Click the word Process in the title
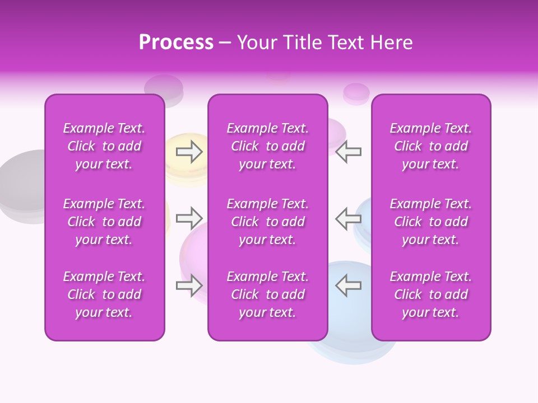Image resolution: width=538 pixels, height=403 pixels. pyautogui.click(x=176, y=43)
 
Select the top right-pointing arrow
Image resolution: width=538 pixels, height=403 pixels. pyautogui.click(x=189, y=152)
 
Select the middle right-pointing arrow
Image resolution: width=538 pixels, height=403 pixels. pyautogui.click(x=189, y=218)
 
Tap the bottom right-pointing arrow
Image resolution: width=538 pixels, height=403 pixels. pyautogui.click(x=189, y=285)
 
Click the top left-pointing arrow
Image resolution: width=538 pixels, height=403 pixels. pyautogui.click(x=348, y=152)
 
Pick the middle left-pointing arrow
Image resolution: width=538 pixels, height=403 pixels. pyautogui.click(x=348, y=218)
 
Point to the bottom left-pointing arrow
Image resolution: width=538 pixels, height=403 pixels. pyautogui.click(x=348, y=285)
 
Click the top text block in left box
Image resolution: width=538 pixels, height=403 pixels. pyautogui.click(x=104, y=146)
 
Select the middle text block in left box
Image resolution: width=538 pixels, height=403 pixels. pyautogui.click(x=104, y=222)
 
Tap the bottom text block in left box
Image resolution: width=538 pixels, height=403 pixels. pyautogui.click(x=104, y=294)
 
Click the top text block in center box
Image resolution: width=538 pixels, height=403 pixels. pyautogui.click(x=267, y=146)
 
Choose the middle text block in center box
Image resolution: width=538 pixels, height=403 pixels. pyautogui.click(x=267, y=222)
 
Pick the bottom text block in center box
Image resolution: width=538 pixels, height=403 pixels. pyautogui.click(x=267, y=294)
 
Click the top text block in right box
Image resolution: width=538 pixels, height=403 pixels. pyautogui.click(x=430, y=146)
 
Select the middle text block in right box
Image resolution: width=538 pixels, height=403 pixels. pyautogui.click(x=430, y=222)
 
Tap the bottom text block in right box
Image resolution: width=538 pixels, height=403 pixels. pyautogui.click(x=430, y=294)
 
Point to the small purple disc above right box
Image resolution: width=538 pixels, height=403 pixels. pyautogui.click(x=356, y=92)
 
